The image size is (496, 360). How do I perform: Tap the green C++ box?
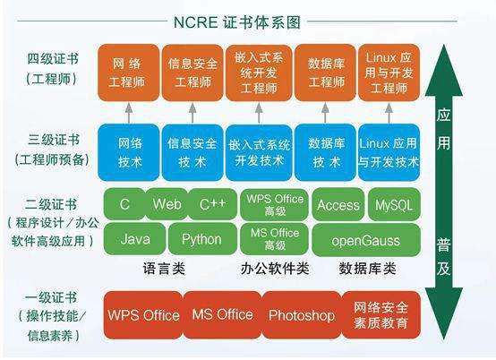point(212,204)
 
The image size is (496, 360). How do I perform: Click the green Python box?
point(201,239)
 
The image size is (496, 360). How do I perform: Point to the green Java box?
point(135,239)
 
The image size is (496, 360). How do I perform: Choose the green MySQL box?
point(393,204)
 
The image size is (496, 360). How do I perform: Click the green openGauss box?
point(364,239)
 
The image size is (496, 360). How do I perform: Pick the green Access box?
point(338,204)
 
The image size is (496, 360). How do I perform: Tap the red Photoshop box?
point(301,315)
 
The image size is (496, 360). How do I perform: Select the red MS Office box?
point(222,315)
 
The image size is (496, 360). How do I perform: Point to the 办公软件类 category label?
point(275,268)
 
